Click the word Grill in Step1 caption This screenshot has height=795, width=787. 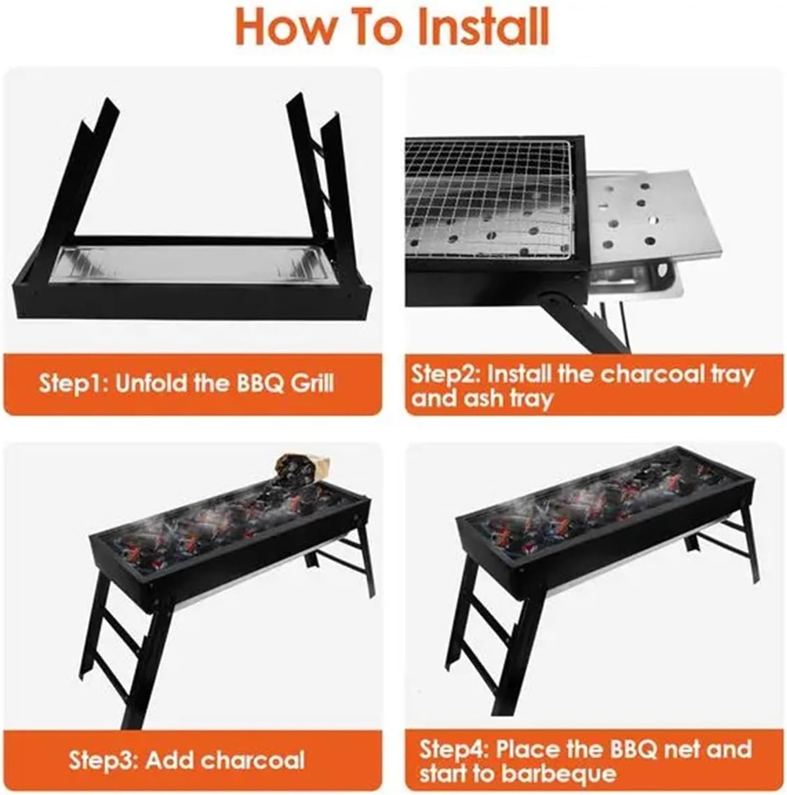[312, 383]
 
